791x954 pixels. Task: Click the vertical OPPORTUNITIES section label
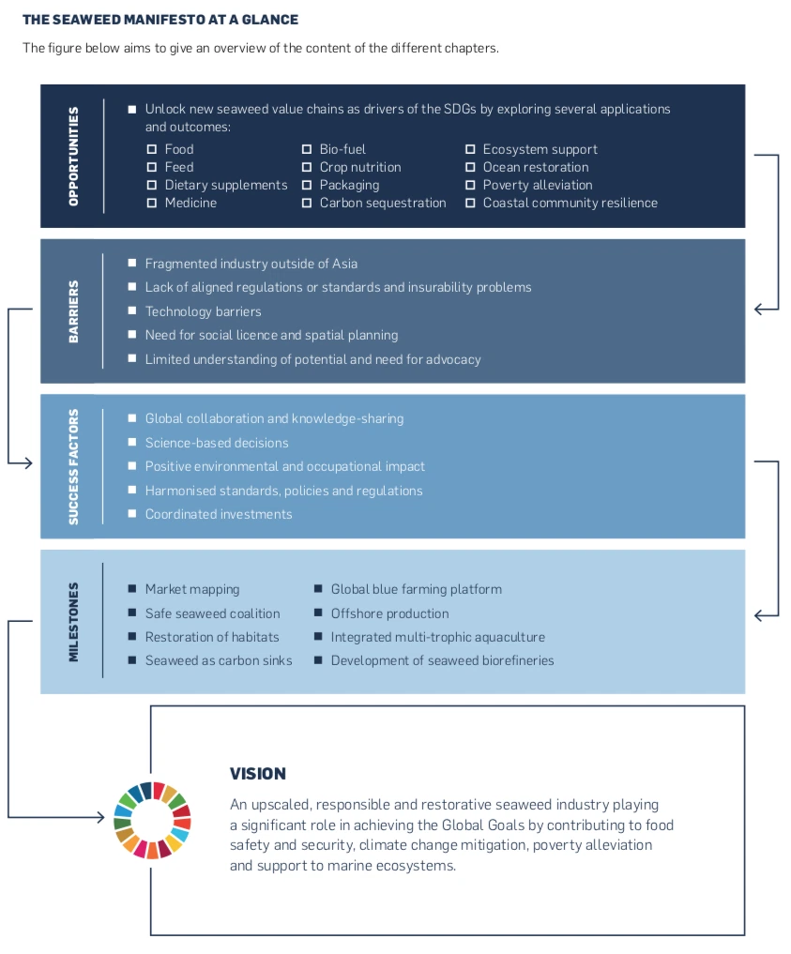pos(73,157)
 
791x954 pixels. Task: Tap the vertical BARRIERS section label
pos(73,311)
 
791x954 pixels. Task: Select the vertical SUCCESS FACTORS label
pos(73,466)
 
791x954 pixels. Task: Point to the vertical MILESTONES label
pos(73,622)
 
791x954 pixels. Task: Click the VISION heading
pos(258,773)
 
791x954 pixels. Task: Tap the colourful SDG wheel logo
pos(153,820)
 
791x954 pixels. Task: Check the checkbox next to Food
pos(152,149)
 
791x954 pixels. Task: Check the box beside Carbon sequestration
pos(307,203)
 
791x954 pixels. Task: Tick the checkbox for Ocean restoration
pos(470,167)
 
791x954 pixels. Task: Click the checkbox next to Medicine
pos(152,203)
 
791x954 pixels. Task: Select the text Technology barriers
pos(204,311)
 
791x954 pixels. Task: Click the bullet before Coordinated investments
pos(132,513)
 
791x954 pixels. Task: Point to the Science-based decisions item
pos(217,443)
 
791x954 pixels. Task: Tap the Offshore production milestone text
pos(390,613)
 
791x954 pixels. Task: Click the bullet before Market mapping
pos(132,588)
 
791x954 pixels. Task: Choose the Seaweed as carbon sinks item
pos(219,660)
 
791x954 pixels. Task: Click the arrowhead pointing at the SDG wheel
pos(101,816)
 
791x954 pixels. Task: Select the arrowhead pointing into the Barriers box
pos(758,309)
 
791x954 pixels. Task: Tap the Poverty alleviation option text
pos(538,185)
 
